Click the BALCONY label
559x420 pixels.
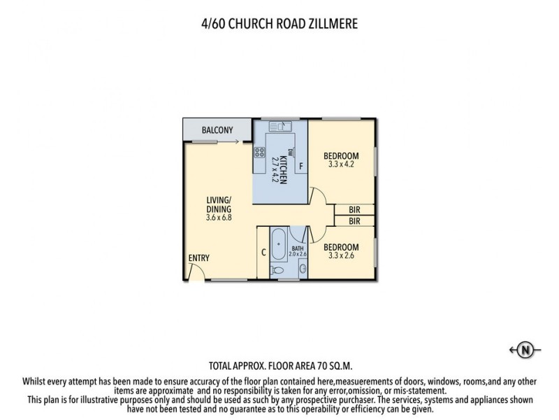point(217,130)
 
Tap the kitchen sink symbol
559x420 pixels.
point(279,127)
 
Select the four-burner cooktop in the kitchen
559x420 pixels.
point(259,152)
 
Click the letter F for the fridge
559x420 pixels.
point(300,166)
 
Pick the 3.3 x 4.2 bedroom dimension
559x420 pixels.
point(342,164)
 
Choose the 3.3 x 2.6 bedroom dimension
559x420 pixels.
point(342,256)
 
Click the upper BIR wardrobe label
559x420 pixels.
point(354,209)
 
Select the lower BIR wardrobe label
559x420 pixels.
point(354,221)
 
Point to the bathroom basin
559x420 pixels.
point(302,269)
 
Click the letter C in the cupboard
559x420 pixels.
point(263,253)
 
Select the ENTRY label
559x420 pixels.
point(198,258)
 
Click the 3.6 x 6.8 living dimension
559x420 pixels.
point(219,218)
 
